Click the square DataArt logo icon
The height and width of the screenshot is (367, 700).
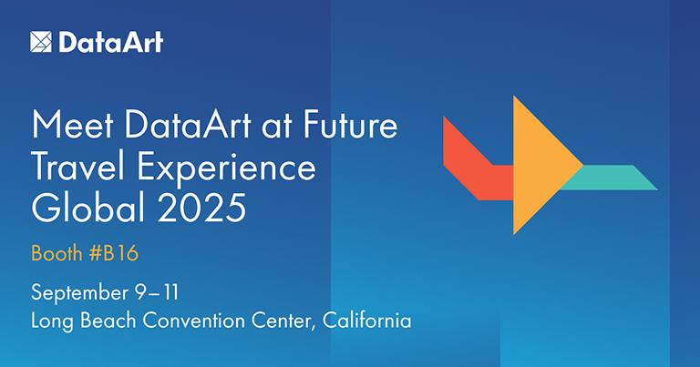[x=41, y=42]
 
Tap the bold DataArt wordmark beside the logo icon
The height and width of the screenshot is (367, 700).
[x=110, y=43]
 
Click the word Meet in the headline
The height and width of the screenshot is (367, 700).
[x=72, y=125]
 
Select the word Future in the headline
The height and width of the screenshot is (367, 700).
[x=350, y=125]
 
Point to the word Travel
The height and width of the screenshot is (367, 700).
[x=80, y=167]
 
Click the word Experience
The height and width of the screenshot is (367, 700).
[x=226, y=169]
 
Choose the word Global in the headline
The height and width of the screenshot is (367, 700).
[x=88, y=208]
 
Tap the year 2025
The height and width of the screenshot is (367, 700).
[x=201, y=208]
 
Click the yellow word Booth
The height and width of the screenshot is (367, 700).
[x=57, y=253]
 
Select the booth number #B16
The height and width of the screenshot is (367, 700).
[x=114, y=253]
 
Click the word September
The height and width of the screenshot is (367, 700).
[x=79, y=294]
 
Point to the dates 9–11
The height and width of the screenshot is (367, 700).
[x=156, y=293]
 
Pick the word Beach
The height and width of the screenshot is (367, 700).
[x=108, y=321]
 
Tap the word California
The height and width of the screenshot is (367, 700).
[x=366, y=321]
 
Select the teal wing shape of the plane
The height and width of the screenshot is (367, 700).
[x=612, y=178]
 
